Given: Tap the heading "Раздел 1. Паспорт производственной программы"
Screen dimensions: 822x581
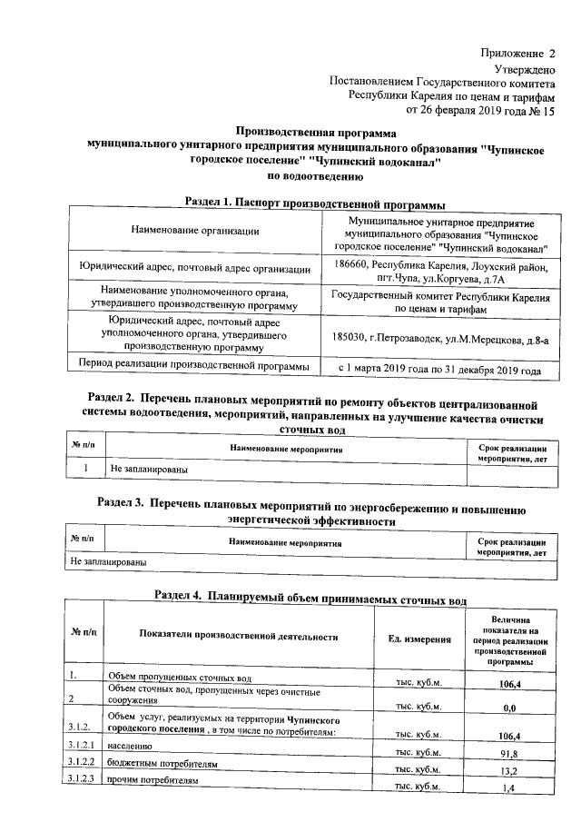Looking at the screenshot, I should [x=315, y=202].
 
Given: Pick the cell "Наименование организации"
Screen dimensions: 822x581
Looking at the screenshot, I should [x=195, y=231].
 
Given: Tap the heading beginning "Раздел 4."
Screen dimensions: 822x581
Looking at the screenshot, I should [x=310, y=599].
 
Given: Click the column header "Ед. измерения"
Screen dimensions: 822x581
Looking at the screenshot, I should [x=419, y=639].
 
